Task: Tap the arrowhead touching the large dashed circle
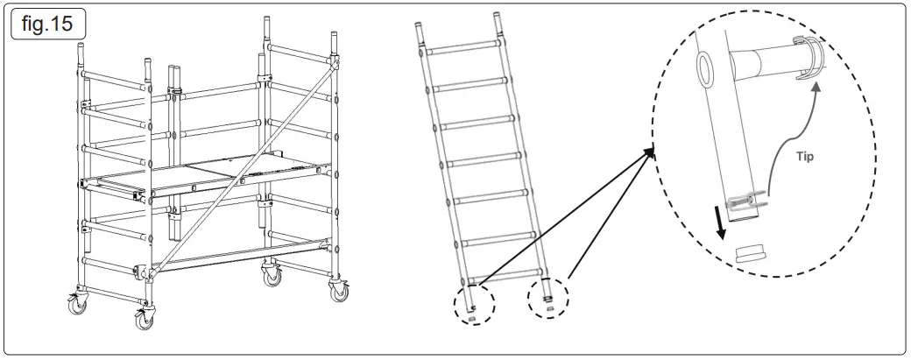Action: point(648,154)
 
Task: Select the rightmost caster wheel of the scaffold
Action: point(336,293)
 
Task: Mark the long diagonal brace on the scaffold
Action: point(245,166)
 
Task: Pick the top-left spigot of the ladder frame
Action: point(420,30)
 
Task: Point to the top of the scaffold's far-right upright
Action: point(334,40)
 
